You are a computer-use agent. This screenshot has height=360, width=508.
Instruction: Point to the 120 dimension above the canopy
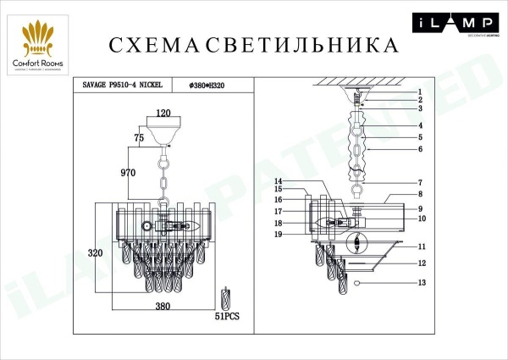(163, 113)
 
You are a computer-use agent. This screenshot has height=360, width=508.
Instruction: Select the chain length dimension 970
(129, 173)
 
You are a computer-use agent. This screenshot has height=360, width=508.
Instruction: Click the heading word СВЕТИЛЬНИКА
(300, 44)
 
